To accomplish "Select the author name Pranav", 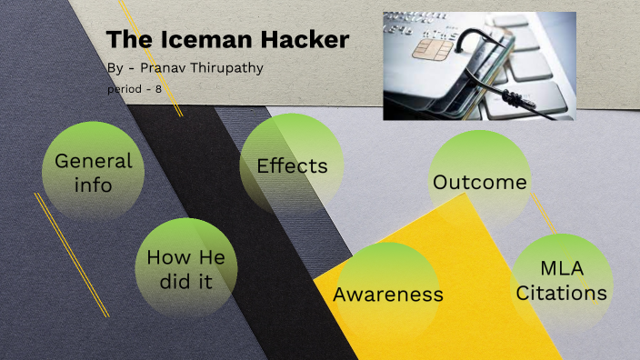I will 170,70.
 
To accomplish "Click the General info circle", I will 94,173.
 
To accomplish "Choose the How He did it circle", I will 185,268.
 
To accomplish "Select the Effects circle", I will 292,166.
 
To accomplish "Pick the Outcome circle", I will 480,182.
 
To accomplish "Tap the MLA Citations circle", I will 561,281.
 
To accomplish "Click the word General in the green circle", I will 94,162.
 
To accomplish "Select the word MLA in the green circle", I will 561,269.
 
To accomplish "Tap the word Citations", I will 561,293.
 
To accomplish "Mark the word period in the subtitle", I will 125,90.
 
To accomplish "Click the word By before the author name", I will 115,70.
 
